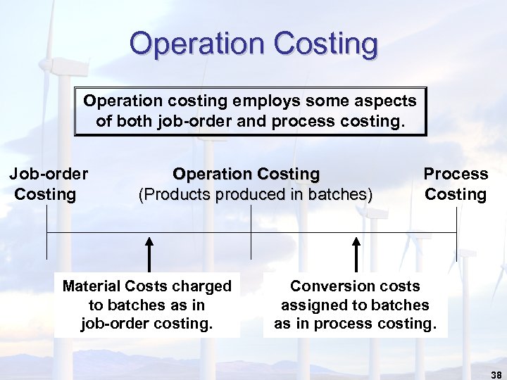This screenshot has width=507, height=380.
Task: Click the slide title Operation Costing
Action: click(254, 44)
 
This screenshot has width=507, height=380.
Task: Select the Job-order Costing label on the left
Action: click(48, 184)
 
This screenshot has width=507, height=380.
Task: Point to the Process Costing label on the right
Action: click(456, 184)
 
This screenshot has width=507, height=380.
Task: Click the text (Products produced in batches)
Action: click(256, 194)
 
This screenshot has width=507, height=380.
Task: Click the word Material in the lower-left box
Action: click(92, 286)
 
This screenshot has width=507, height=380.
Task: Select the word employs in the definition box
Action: click(262, 101)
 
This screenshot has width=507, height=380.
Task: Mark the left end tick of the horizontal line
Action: click(46, 245)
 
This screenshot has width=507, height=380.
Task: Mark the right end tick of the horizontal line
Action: click(456, 245)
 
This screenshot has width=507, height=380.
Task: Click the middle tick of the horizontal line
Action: click(251, 245)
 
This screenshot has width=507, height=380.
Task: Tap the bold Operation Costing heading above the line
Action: click(246, 174)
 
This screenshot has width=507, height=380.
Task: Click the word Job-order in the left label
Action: click(48, 174)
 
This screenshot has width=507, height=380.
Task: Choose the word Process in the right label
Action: click(456, 174)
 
